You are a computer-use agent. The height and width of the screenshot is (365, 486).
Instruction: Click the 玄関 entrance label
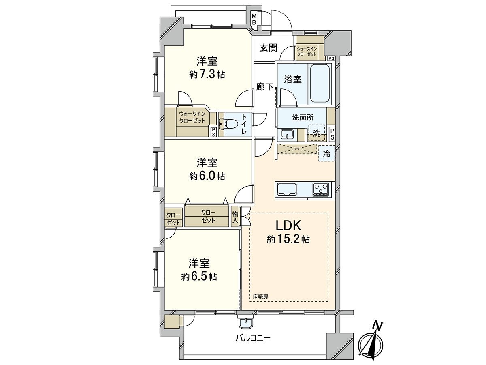pyautogui.click(x=269, y=47)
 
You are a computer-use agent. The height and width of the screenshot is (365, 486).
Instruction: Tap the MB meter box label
pyautogui.click(x=254, y=19)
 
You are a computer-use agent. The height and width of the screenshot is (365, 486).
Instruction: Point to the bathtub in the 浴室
pyautogui.click(x=320, y=83)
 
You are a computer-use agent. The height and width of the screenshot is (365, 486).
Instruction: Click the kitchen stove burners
pyautogui.click(x=321, y=189)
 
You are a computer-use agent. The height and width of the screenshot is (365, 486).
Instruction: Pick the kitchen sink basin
pyautogui.click(x=287, y=189)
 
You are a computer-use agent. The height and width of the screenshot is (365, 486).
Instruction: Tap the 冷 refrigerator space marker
pyautogui.click(x=326, y=153)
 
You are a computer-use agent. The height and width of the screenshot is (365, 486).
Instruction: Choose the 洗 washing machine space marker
pyautogui.click(x=317, y=133)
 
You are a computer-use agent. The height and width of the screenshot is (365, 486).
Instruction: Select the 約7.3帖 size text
pyautogui.click(x=207, y=75)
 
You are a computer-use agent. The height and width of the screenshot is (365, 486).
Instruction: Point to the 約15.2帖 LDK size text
pyautogui.click(x=288, y=239)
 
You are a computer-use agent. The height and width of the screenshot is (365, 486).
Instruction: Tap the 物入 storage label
pyautogui.click(x=235, y=217)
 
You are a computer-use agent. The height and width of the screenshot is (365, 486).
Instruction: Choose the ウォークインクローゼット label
pyautogui.click(x=192, y=118)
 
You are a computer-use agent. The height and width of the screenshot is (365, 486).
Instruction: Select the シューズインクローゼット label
pyautogui.click(x=307, y=51)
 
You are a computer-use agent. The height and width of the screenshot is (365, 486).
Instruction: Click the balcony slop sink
pyautogui.click(x=245, y=323)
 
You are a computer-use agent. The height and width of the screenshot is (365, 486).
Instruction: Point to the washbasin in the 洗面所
pyautogui.click(x=287, y=135)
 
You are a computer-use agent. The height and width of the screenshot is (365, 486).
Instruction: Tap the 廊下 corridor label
pyautogui.click(x=265, y=87)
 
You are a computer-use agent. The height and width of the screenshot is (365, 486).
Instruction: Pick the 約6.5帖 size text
pyautogui.click(x=199, y=277)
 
